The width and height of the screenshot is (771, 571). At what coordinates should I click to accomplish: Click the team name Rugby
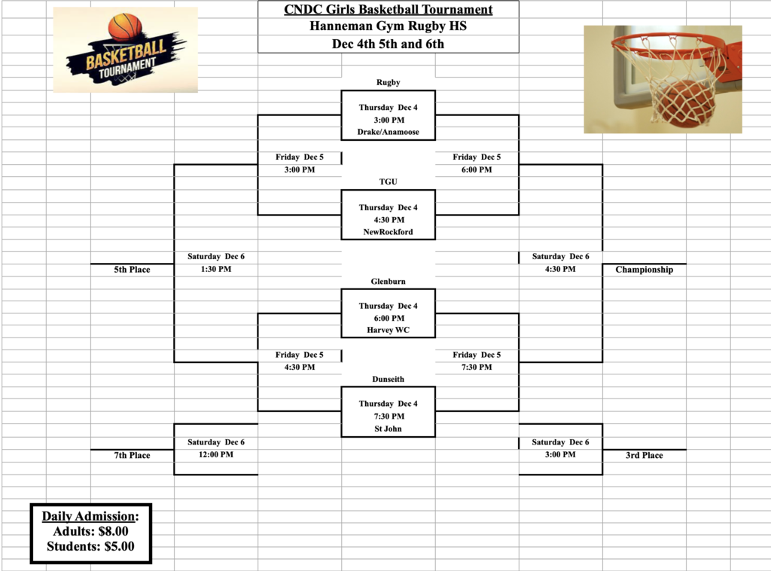click(388, 82)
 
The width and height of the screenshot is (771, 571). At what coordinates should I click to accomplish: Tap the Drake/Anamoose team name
click(388, 133)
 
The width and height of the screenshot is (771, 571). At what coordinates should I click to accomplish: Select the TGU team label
click(388, 182)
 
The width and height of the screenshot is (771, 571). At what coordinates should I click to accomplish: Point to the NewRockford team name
click(388, 232)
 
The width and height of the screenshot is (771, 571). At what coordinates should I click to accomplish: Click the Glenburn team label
click(388, 281)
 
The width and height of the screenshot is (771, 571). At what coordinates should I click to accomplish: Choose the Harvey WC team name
click(388, 331)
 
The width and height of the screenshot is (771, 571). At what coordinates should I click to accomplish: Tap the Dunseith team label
click(388, 379)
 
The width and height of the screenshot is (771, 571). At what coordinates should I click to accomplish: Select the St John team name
click(388, 429)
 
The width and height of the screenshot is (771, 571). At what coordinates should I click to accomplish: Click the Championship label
click(644, 270)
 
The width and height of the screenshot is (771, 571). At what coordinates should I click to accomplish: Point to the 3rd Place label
click(644, 455)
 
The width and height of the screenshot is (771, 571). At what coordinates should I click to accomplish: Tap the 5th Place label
click(132, 270)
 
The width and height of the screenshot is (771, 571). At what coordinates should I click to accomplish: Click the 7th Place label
click(132, 455)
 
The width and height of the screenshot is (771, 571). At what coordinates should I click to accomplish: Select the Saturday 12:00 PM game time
click(216, 454)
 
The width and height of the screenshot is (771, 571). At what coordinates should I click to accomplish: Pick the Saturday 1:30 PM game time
click(216, 269)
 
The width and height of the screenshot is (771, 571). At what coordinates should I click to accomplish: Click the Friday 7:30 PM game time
click(477, 367)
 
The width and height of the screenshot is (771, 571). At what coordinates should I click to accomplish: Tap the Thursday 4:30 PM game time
click(388, 220)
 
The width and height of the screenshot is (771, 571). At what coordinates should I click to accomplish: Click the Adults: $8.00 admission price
click(90, 531)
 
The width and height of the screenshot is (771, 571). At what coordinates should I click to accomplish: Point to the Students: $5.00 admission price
click(90, 547)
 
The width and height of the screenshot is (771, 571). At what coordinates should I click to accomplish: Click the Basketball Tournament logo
click(126, 50)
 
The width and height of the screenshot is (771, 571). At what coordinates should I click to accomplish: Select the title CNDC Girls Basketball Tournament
click(388, 10)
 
